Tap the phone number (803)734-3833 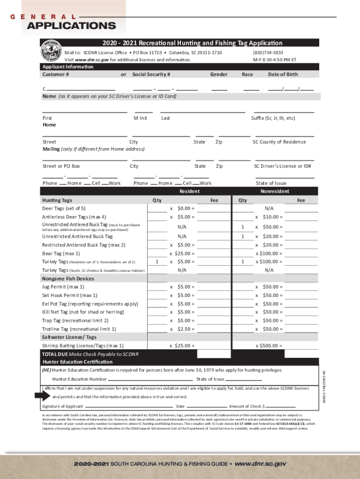coord(268,53)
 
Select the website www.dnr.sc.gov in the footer coord(260,464)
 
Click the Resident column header coord(189,191)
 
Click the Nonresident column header coord(274,191)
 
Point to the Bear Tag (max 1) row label coord(61,253)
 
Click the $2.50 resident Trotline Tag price coord(185,329)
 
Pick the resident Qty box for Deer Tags coord(157,209)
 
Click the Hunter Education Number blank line coord(150,379)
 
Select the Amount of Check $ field coord(280,407)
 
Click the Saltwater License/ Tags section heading coord(69,337)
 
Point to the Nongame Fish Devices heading coord(68,278)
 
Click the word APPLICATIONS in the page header coord(71,25)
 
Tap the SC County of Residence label coord(279,142)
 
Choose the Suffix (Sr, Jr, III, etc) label coord(273,118)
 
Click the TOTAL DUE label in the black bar coord(55,354)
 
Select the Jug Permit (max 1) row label coord(63,287)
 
